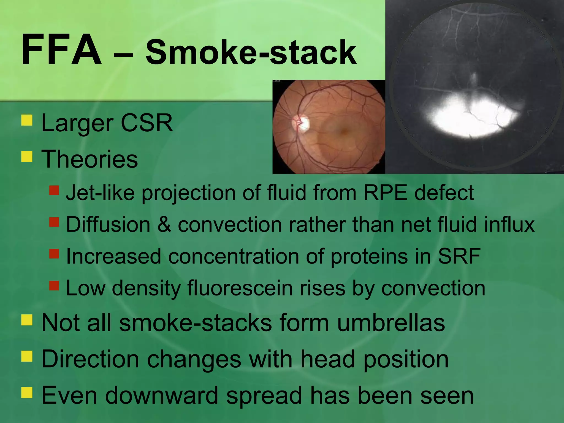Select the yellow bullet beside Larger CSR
coord(27,120)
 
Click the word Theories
coord(90,159)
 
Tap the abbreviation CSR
coord(147,123)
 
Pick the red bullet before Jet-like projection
coord(54,190)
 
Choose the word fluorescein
coord(240,288)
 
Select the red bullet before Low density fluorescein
coord(54,285)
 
